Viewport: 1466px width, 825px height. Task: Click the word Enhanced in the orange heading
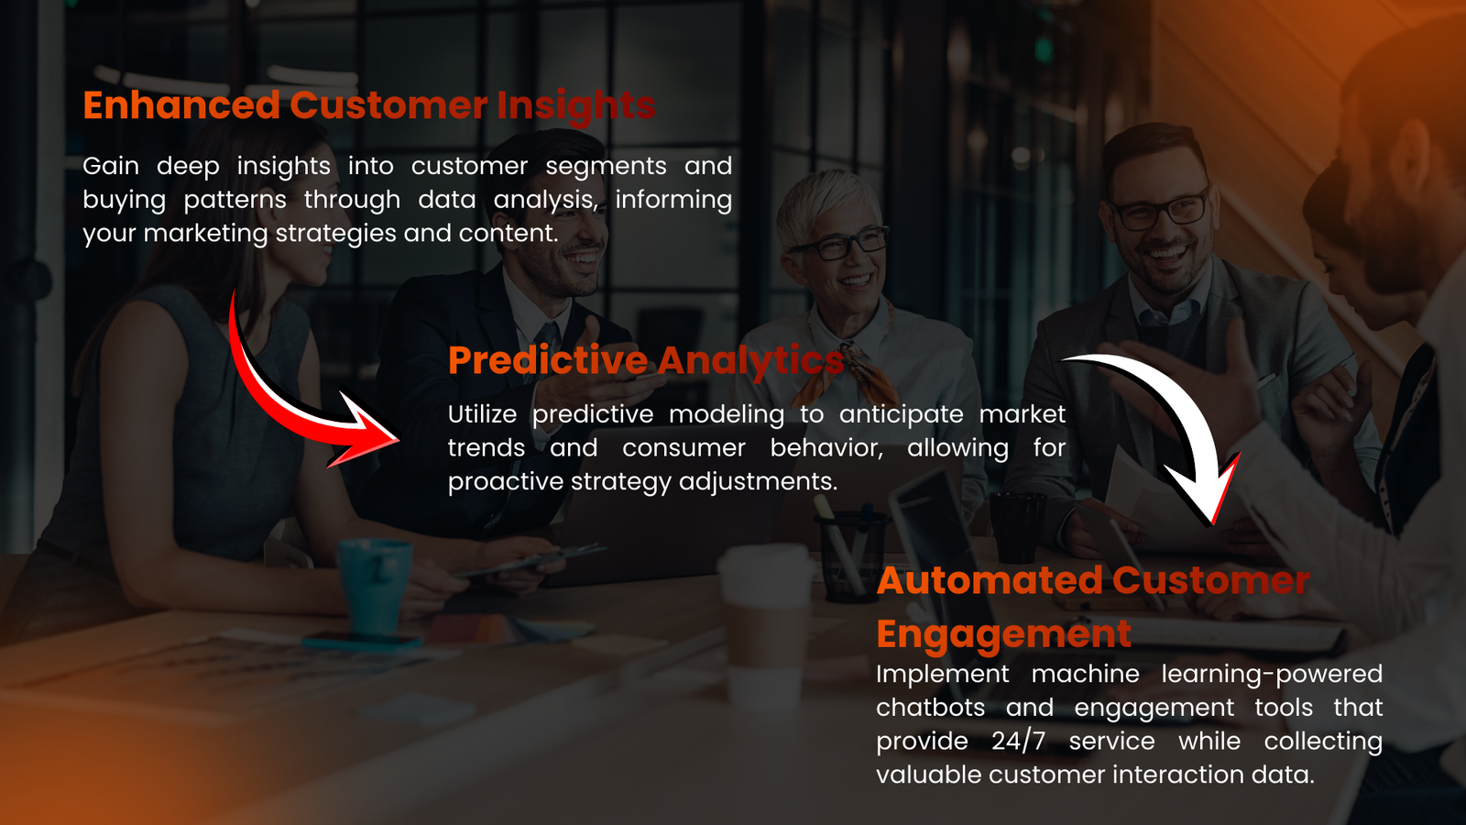tap(181, 105)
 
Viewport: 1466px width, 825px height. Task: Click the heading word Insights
tap(575, 106)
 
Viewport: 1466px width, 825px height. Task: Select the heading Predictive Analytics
tap(645, 360)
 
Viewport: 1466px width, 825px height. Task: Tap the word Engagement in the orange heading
tap(1003, 634)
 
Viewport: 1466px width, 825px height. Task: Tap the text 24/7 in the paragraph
tap(1018, 741)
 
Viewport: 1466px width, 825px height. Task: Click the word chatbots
tap(930, 708)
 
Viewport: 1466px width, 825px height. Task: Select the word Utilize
tap(482, 414)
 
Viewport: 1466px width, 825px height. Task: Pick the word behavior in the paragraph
tap(826, 447)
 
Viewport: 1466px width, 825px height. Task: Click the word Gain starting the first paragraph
tap(111, 166)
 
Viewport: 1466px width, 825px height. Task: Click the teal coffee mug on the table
tap(376, 587)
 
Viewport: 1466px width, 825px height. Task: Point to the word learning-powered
tap(1271, 674)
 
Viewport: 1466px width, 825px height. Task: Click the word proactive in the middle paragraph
tap(505, 481)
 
